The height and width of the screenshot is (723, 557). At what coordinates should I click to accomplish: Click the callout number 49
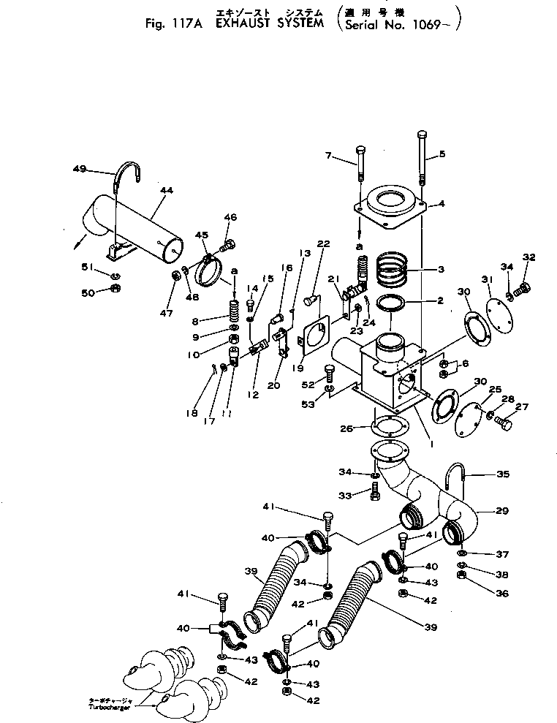(x=80, y=169)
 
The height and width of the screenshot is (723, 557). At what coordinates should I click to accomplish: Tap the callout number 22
(x=324, y=243)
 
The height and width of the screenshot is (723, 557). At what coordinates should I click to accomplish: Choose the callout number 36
(x=501, y=594)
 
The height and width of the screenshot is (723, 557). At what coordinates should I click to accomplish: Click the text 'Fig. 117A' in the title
(x=172, y=21)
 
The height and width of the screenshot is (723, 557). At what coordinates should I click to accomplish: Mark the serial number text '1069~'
(x=436, y=21)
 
